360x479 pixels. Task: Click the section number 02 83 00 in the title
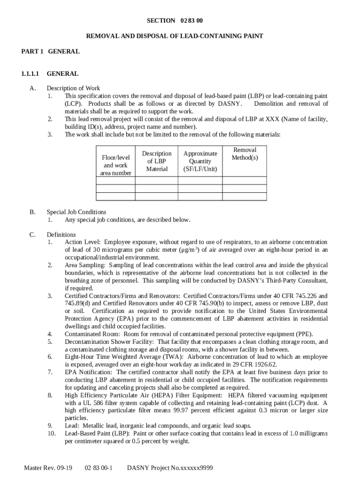(x=192, y=21)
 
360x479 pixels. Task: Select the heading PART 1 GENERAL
(x=50, y=51)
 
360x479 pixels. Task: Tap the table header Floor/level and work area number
(x=115, y=165)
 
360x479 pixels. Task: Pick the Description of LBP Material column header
(x=157, y=161)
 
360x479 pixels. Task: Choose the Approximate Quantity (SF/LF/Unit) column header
(x=200, y=161)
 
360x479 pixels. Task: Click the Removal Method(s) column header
(x=245, y=153)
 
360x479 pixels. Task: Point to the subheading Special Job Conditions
(x=76, y=212)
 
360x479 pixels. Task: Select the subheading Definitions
(x=61, y=234)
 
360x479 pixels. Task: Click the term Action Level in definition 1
(x=82, y=242)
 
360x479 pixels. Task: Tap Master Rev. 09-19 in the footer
(x=48, y=468)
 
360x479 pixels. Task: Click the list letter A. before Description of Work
(x=32, y=88)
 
